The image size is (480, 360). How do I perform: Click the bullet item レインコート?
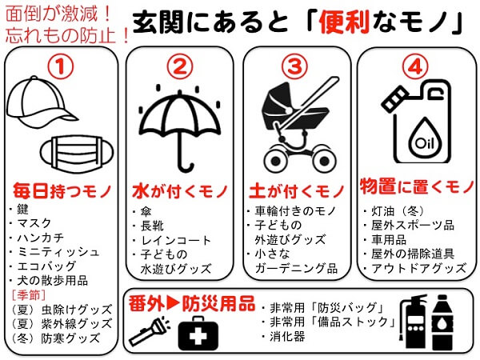coord(176,241)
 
